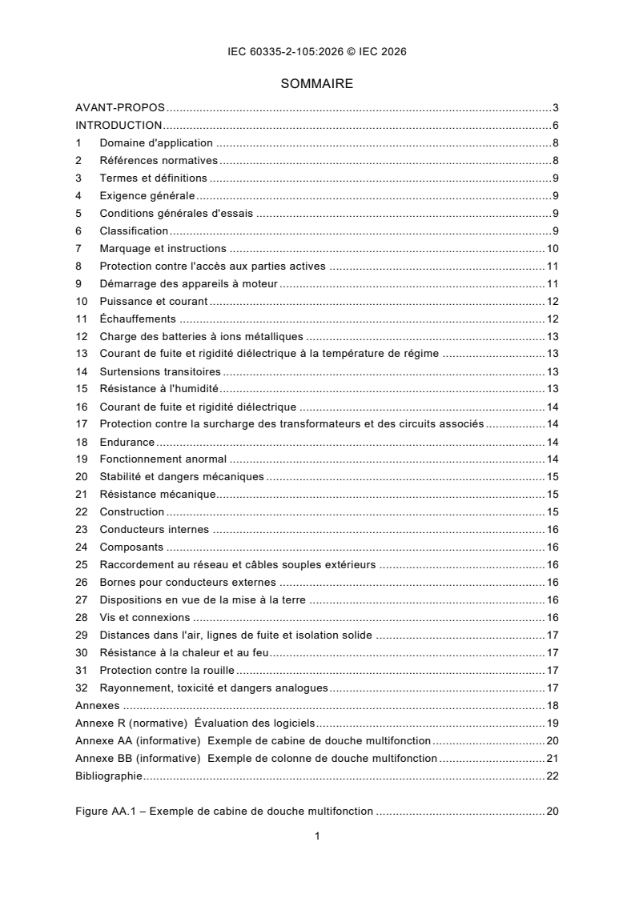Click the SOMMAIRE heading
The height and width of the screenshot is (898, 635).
tap(317, 83)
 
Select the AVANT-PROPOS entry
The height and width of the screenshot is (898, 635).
tap(120, 107)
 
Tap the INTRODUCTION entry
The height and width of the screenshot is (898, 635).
tap(119, 125)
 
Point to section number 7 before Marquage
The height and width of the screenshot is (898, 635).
tap(78, 248)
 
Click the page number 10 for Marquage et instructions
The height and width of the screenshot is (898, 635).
tap(552, 248)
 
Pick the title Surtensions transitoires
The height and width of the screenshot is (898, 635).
tap(160, 371)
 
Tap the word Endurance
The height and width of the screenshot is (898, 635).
tap(127, 442)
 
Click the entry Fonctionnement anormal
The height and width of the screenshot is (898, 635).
tap(163, 459)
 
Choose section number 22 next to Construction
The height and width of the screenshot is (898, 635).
tap(81, 512)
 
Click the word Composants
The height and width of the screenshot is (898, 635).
tap(131, 547)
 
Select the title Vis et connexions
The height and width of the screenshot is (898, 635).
tap(145, 618)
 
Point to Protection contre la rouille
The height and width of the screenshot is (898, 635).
tap(167, 671)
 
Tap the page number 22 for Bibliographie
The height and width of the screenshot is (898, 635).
tap(552, 776)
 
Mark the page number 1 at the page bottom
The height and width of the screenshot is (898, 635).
tap(317, 837)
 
